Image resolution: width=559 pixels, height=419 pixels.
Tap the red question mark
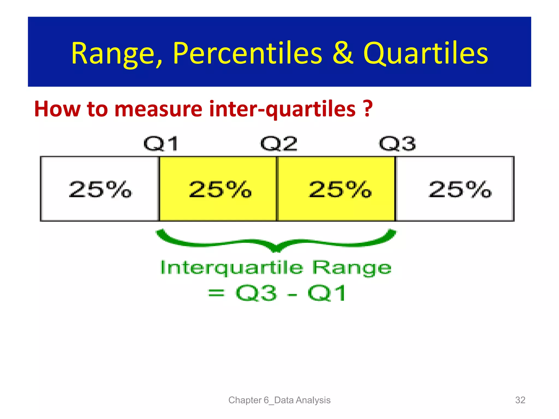coord(368,108)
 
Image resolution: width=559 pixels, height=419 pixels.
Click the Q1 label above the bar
coord(161,144)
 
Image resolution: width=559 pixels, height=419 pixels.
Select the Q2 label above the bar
coord(279,144)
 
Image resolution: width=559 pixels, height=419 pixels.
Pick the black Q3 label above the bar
coord(397,144)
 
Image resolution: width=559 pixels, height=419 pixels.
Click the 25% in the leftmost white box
coord(100,189)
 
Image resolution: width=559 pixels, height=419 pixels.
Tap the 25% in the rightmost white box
coord(460,189)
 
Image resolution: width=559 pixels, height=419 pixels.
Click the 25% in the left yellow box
coord(220,189)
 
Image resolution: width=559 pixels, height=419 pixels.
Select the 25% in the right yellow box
coord(340,189)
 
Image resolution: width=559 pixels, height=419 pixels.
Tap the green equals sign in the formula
coord(216,294)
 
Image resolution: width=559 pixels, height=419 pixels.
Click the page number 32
coord(520,400)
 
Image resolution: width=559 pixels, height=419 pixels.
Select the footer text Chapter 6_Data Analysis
coord(279,400)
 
